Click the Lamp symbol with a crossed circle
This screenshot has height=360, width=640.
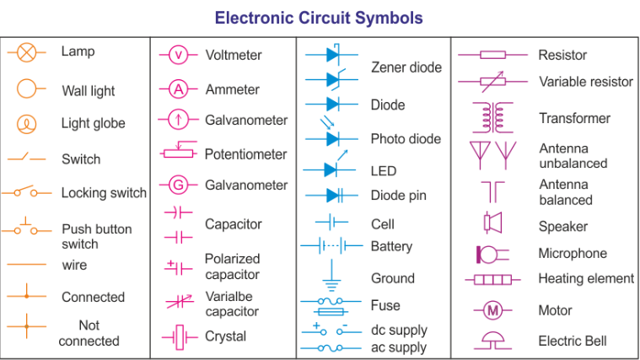pos(27,52)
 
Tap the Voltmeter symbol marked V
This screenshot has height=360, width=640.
pos(179,55)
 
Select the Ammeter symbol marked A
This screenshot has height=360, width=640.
pos(178,89)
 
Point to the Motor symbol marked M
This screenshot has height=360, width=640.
pos(492,311)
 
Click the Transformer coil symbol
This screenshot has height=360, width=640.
pos(492,118)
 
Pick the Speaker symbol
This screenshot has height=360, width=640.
pos(493,223)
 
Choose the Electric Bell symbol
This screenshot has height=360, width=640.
pos(492,340)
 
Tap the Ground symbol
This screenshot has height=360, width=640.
pos(331,277)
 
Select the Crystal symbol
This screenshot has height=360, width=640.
pos(179,336)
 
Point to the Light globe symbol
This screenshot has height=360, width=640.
pos(27,124)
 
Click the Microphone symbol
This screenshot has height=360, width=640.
pos(491,253)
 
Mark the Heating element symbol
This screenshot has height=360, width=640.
pos(492,279)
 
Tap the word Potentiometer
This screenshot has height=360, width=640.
pos(245,154)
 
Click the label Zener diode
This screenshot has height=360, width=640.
pos(406,67)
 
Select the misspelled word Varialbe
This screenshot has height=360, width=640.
pos(229,296)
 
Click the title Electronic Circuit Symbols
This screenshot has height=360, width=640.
pos(319,18)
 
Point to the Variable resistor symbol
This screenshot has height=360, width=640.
pos(492,82)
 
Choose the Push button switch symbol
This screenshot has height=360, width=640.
pos(26,228)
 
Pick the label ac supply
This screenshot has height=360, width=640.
pos(399,347)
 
